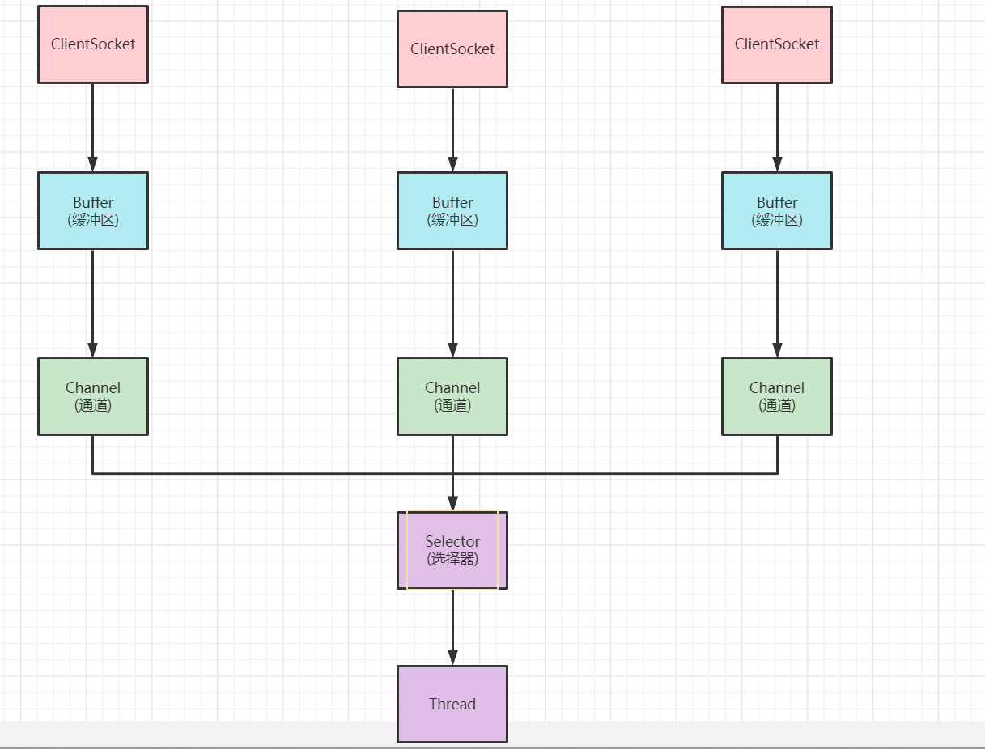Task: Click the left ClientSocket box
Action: click(x=93, y=44)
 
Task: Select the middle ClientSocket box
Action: click(x=452, y=49)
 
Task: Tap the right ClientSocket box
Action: click(x=777, y=44)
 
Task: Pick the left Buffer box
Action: click(x=93, y=210)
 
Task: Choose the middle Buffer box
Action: click(x=452, y=210)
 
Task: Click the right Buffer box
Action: click(x=777, y=210)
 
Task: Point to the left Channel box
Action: click(x=93, y=396)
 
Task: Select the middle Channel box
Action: click(x=452, y=396)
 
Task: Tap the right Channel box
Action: click(x=777, y=396)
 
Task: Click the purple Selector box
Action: click(x=452, y=550)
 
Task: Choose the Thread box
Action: click(x=452, y=704)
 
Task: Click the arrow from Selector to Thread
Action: click(x=452, y=627)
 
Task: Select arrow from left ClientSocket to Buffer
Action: click(x=93, y=127)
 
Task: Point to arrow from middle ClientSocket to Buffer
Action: click(x=452, y=129)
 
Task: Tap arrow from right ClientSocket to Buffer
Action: click(x=777, y=127)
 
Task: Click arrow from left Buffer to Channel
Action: click(x=93, y=303)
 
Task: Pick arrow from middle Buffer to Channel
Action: click(x=452, y=303)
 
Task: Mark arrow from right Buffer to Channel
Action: click(x=777, y=303)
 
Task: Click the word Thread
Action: click(x=452, y=704)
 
